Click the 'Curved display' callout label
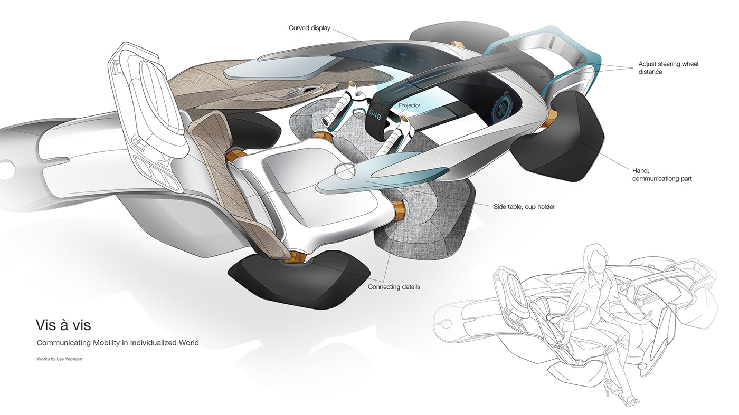coord(309,28)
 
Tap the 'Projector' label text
coord(410,105)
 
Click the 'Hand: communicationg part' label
coord(662,175)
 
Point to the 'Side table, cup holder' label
coord(524,206)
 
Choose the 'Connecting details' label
coord(394,287)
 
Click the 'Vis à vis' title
coord(63,324)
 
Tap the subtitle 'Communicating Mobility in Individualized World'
coord(118,343)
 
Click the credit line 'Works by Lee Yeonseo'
coord(60,359)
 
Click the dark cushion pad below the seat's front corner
coord(298,278)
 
